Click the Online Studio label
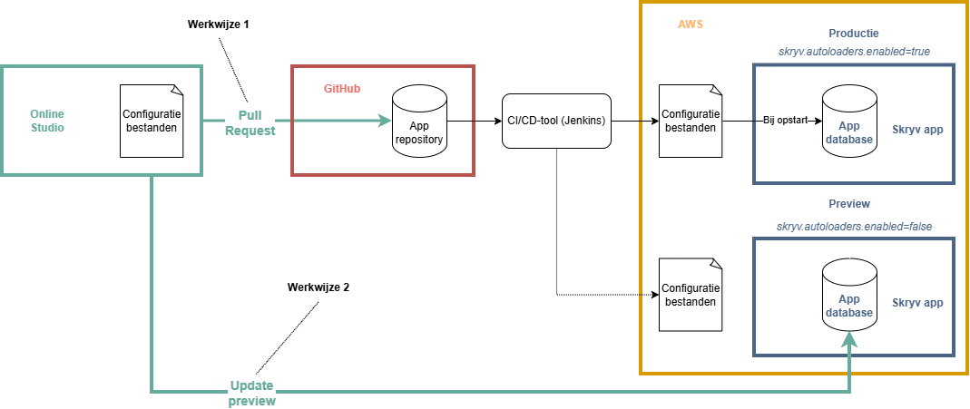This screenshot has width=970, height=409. pyautogui.click(x=47, y=121)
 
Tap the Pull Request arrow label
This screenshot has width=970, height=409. pyautogui.click(x=250, y=122)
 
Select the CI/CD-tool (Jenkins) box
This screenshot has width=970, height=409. pyautogui.click(x=556, y=120)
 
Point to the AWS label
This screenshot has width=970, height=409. pyautogui.click(x=691, y=24)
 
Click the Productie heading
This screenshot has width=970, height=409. pyautogui.click(x=854, y=34)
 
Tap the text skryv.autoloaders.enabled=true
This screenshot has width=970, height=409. pyautogui.click(x=854, y=52)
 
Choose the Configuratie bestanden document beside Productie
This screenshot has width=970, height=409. pyautogui.click(x=691, y=121)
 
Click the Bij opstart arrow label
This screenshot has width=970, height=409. pyautogui.click(x=786, y=121)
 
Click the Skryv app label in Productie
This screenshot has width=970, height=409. pyautogui.click(x=917, y=130)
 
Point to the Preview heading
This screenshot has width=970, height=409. pyautogui.click(x=849, y=204)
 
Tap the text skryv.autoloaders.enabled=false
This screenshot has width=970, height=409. pyautogui.click(x=854, y=225)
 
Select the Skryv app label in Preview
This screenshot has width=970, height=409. pyautogui.click(x=917, y=303)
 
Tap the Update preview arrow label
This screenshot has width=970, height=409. pyautogui.click(x=251, y=392)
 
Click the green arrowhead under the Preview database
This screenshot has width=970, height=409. pyautogui.click(x=849, y=340)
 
